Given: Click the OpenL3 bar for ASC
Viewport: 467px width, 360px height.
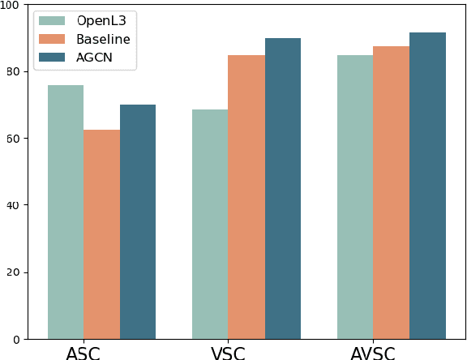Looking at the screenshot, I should click(x=66, y=212).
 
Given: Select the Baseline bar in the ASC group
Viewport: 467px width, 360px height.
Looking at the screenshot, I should click(x=101, y=234).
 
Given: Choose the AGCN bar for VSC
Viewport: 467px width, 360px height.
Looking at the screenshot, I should click(x=282, y=188).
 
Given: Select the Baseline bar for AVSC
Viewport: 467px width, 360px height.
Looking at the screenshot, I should click(x=391, y=192).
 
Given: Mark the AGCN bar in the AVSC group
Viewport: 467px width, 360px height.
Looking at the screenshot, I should click(x=427, y=186).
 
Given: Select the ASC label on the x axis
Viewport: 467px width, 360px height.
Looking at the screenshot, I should click(x=84, y=354).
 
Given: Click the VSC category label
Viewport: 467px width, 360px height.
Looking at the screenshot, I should click(x=228, y=354).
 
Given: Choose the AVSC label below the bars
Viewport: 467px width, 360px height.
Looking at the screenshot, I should click(x=373, y=354).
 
